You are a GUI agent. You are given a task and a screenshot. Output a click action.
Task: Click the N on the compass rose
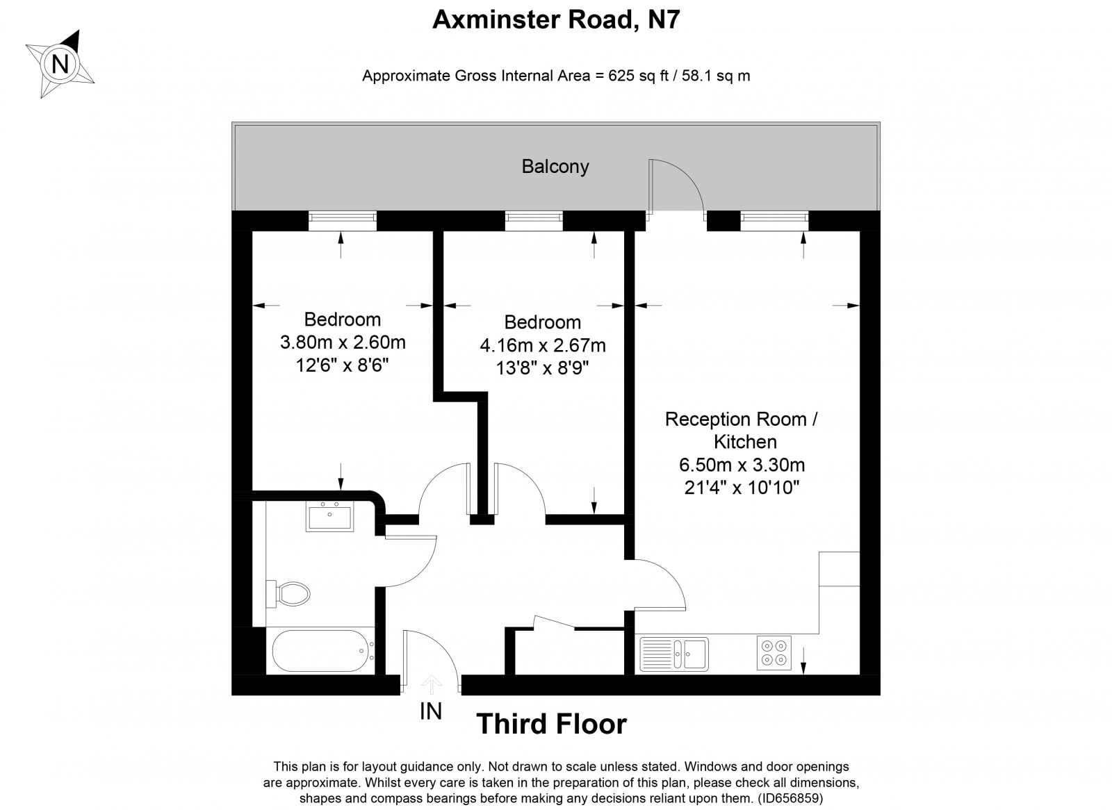60,65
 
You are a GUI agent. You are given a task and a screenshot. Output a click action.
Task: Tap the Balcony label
555,167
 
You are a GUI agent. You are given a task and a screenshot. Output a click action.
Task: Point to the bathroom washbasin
329,516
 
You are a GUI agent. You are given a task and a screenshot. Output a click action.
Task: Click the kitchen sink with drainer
673,654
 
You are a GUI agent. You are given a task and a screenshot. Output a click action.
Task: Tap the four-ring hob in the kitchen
774,653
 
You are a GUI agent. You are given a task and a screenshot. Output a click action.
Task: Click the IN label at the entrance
431,711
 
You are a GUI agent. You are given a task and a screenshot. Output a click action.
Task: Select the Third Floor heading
551,725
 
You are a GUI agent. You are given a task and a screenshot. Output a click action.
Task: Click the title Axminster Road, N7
556,20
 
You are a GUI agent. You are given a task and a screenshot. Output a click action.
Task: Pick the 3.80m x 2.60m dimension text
343,342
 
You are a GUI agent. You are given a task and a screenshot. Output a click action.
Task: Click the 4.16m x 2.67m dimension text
543,345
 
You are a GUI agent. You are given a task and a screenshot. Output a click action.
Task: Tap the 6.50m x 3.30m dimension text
742,465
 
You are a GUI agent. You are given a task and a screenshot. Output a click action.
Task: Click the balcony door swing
676,185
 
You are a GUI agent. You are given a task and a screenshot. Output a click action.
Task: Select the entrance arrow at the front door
432,685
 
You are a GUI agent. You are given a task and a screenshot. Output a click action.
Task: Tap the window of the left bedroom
342,221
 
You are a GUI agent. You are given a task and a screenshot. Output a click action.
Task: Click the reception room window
774,221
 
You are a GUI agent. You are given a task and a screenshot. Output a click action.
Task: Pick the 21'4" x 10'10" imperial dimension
742,488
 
